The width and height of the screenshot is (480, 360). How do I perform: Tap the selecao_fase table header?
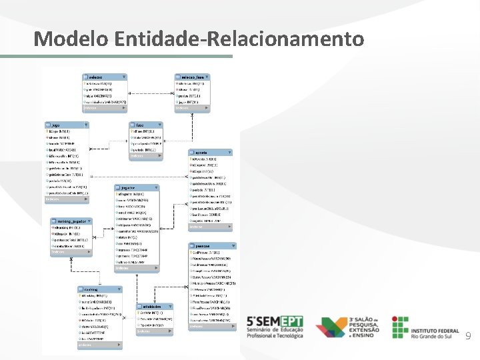[193, 77]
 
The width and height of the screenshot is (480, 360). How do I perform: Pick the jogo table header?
[67, 125]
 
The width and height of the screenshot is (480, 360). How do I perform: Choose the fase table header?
[145, 125]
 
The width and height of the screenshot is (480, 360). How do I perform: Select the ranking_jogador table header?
[69, 221]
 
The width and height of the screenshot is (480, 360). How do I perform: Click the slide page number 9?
[468, 337]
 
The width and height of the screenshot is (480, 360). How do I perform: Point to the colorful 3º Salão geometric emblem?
[331, 327]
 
